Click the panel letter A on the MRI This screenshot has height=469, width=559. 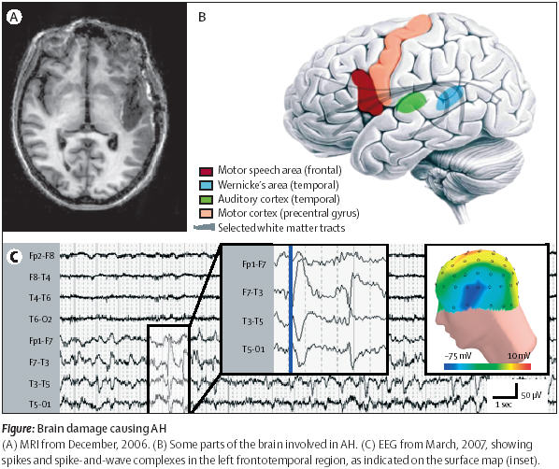pos(14,17)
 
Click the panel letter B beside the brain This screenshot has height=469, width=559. pos(202,17)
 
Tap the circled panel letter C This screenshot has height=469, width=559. pos(14,256)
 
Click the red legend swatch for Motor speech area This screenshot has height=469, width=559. pos(206,171)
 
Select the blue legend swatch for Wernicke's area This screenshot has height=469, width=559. pos(206,185)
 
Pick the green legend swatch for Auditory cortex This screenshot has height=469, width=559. pos(206,199)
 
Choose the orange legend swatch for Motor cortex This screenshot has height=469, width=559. pos(206,213)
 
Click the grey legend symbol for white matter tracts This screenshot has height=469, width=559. pos(205,227)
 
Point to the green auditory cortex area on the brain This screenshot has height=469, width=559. pos(411,102)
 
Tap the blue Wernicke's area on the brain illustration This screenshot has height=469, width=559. pos(450,98)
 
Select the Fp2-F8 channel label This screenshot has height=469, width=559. pos(42,256)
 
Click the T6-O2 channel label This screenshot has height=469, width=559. pos(40,319)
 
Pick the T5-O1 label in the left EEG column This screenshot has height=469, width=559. pos(40,405)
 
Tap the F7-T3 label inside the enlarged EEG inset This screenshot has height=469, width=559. pos(252,292)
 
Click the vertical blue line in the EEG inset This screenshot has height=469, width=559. pos(291,308)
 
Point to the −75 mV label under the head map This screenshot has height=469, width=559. pos(458,356)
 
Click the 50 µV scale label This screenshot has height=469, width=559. pos(531,395)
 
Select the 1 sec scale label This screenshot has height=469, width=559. pos(504,405)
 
